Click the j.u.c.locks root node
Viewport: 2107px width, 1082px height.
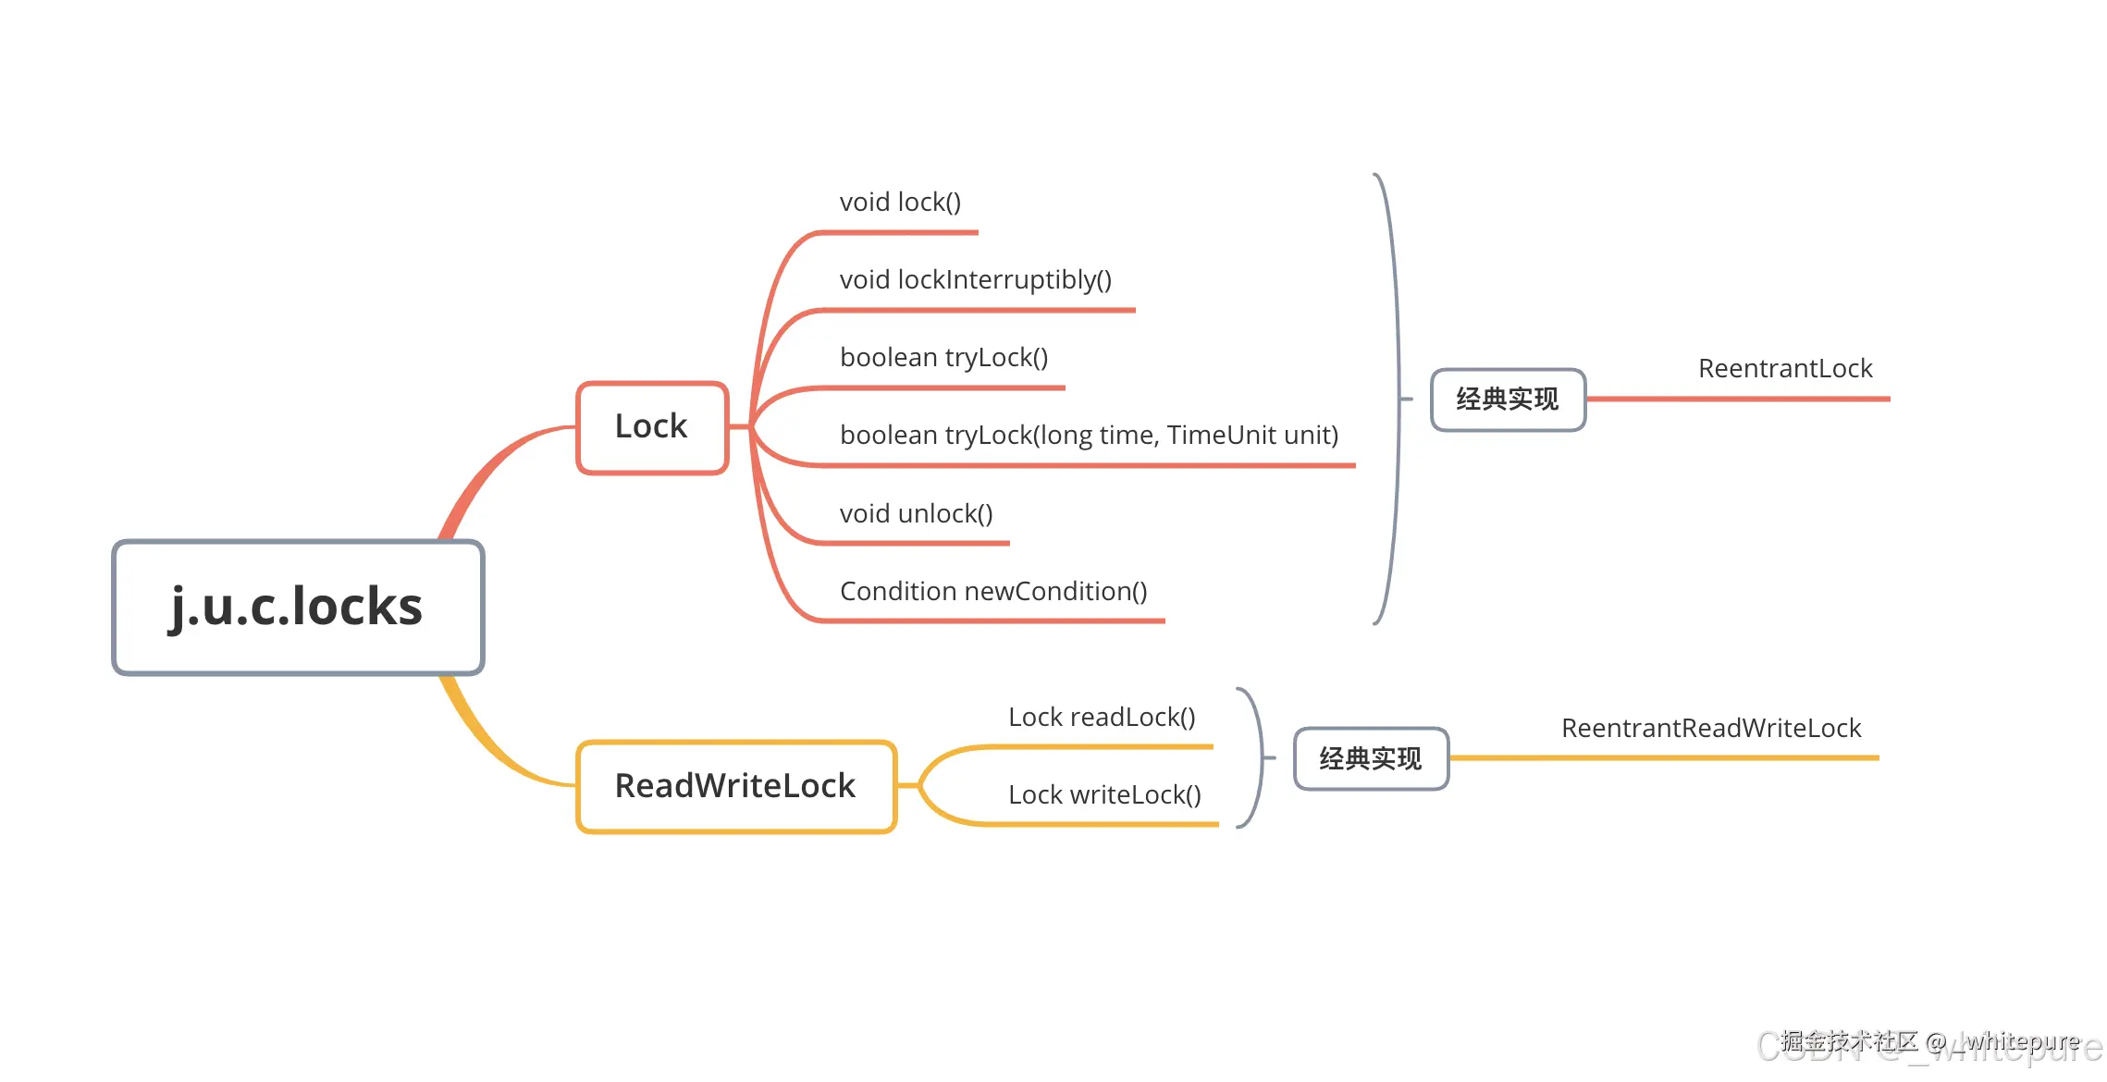pyautogui.click(x=298, y=608)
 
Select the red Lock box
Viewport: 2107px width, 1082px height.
pyautogui.click(x=652, y=427)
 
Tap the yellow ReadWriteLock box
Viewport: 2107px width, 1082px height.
pyautogui.click(x=736, y=786)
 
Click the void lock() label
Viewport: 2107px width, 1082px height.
pyautogui.click(x=900, y=203)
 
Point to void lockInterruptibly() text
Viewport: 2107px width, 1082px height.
pyautogui.click(x=975, y=280)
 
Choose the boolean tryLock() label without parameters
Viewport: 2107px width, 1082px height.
pyautogui.click(x=943, y=358)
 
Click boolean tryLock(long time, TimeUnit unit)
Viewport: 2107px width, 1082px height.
pyautogui.click(x=1089, y=436)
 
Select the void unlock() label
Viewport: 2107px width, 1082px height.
pyautogui.click(x=916, y=514)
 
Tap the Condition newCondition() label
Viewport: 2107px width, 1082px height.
pyautogui.click(x=993, y=592)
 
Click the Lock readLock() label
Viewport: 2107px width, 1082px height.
pyautogui.click(x=1102, y=718)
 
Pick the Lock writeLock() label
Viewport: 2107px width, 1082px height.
pyautogui.click(x=1104, y=795)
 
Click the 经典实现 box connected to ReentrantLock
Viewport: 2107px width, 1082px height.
pyautogui.click(x=1508, y=400)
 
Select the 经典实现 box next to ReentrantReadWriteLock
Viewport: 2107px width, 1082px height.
pyautogui.click(x=1371, y=759)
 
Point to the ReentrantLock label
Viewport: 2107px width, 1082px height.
pyautogui.click(x=1785, y=369)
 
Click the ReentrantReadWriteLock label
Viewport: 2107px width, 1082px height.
pyautogui.click(x=1711, y=729)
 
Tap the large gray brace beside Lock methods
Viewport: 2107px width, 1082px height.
pyautogui.click(x=1396, y=398)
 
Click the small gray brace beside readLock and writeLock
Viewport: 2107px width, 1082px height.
pyautogui.click(x=1259, y=757)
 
